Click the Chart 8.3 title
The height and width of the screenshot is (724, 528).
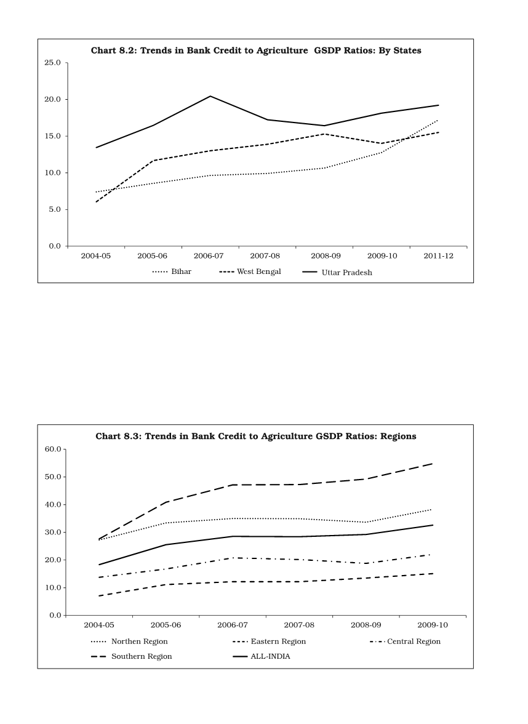(x=256, y=436)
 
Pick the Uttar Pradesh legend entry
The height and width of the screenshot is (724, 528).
(x=346, y=271)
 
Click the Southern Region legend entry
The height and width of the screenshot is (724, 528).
(x=142, y=656)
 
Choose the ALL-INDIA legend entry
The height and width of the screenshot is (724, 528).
(x=270, y=656)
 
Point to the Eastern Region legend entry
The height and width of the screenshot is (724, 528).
(x=278, y=642)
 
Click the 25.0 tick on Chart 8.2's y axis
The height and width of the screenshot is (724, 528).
(x=52, y=63)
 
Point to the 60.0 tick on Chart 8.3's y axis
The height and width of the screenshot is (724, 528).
(x=52, y=449)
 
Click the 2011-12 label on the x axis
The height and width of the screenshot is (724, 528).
(x=439, y=255)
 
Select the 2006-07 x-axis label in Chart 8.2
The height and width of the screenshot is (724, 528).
(x=210, y=255)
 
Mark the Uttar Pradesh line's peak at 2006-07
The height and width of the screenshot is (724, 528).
(x=210, y=96)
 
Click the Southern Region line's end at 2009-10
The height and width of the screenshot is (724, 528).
(x=433, y=464)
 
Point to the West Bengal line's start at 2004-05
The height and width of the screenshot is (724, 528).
(x=96, y=202)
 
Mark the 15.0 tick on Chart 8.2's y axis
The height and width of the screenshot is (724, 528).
(x=52, y=136)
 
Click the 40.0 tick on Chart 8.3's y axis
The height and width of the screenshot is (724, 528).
(x=52, y=505)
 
